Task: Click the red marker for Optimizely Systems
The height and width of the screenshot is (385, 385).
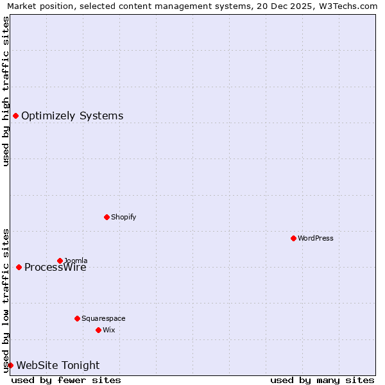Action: coord(15,116)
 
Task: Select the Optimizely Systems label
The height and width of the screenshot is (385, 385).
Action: coord(72,116)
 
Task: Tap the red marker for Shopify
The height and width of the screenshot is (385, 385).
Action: coord(107,217)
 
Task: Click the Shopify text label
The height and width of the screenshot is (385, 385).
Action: coord(123,217)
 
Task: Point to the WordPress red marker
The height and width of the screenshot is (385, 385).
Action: coord(293,238)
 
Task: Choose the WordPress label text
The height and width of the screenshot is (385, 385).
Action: coord(315,238)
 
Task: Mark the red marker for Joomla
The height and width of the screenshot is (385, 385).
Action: coord(60,261)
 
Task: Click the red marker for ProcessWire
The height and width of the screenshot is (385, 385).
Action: coord(19,267)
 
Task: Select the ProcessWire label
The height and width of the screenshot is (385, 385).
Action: coord(55,268)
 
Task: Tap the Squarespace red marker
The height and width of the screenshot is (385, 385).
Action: coord(77,318)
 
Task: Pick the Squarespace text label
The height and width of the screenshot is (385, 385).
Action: coord(103,318)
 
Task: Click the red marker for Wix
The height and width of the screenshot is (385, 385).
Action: coord(98,330)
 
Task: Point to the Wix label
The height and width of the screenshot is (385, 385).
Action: coord(108,330)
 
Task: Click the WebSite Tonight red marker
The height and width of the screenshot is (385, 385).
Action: coord(10,365)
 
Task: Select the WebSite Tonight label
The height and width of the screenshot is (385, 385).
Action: coord(58,366)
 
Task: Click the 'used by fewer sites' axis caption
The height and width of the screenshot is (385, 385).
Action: coord(66,380)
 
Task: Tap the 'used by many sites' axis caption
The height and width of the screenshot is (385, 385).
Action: coord(322,380)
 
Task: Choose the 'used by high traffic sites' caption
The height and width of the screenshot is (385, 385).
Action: coord(6,91)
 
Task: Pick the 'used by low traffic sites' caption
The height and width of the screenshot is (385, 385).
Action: coord(6,300)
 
